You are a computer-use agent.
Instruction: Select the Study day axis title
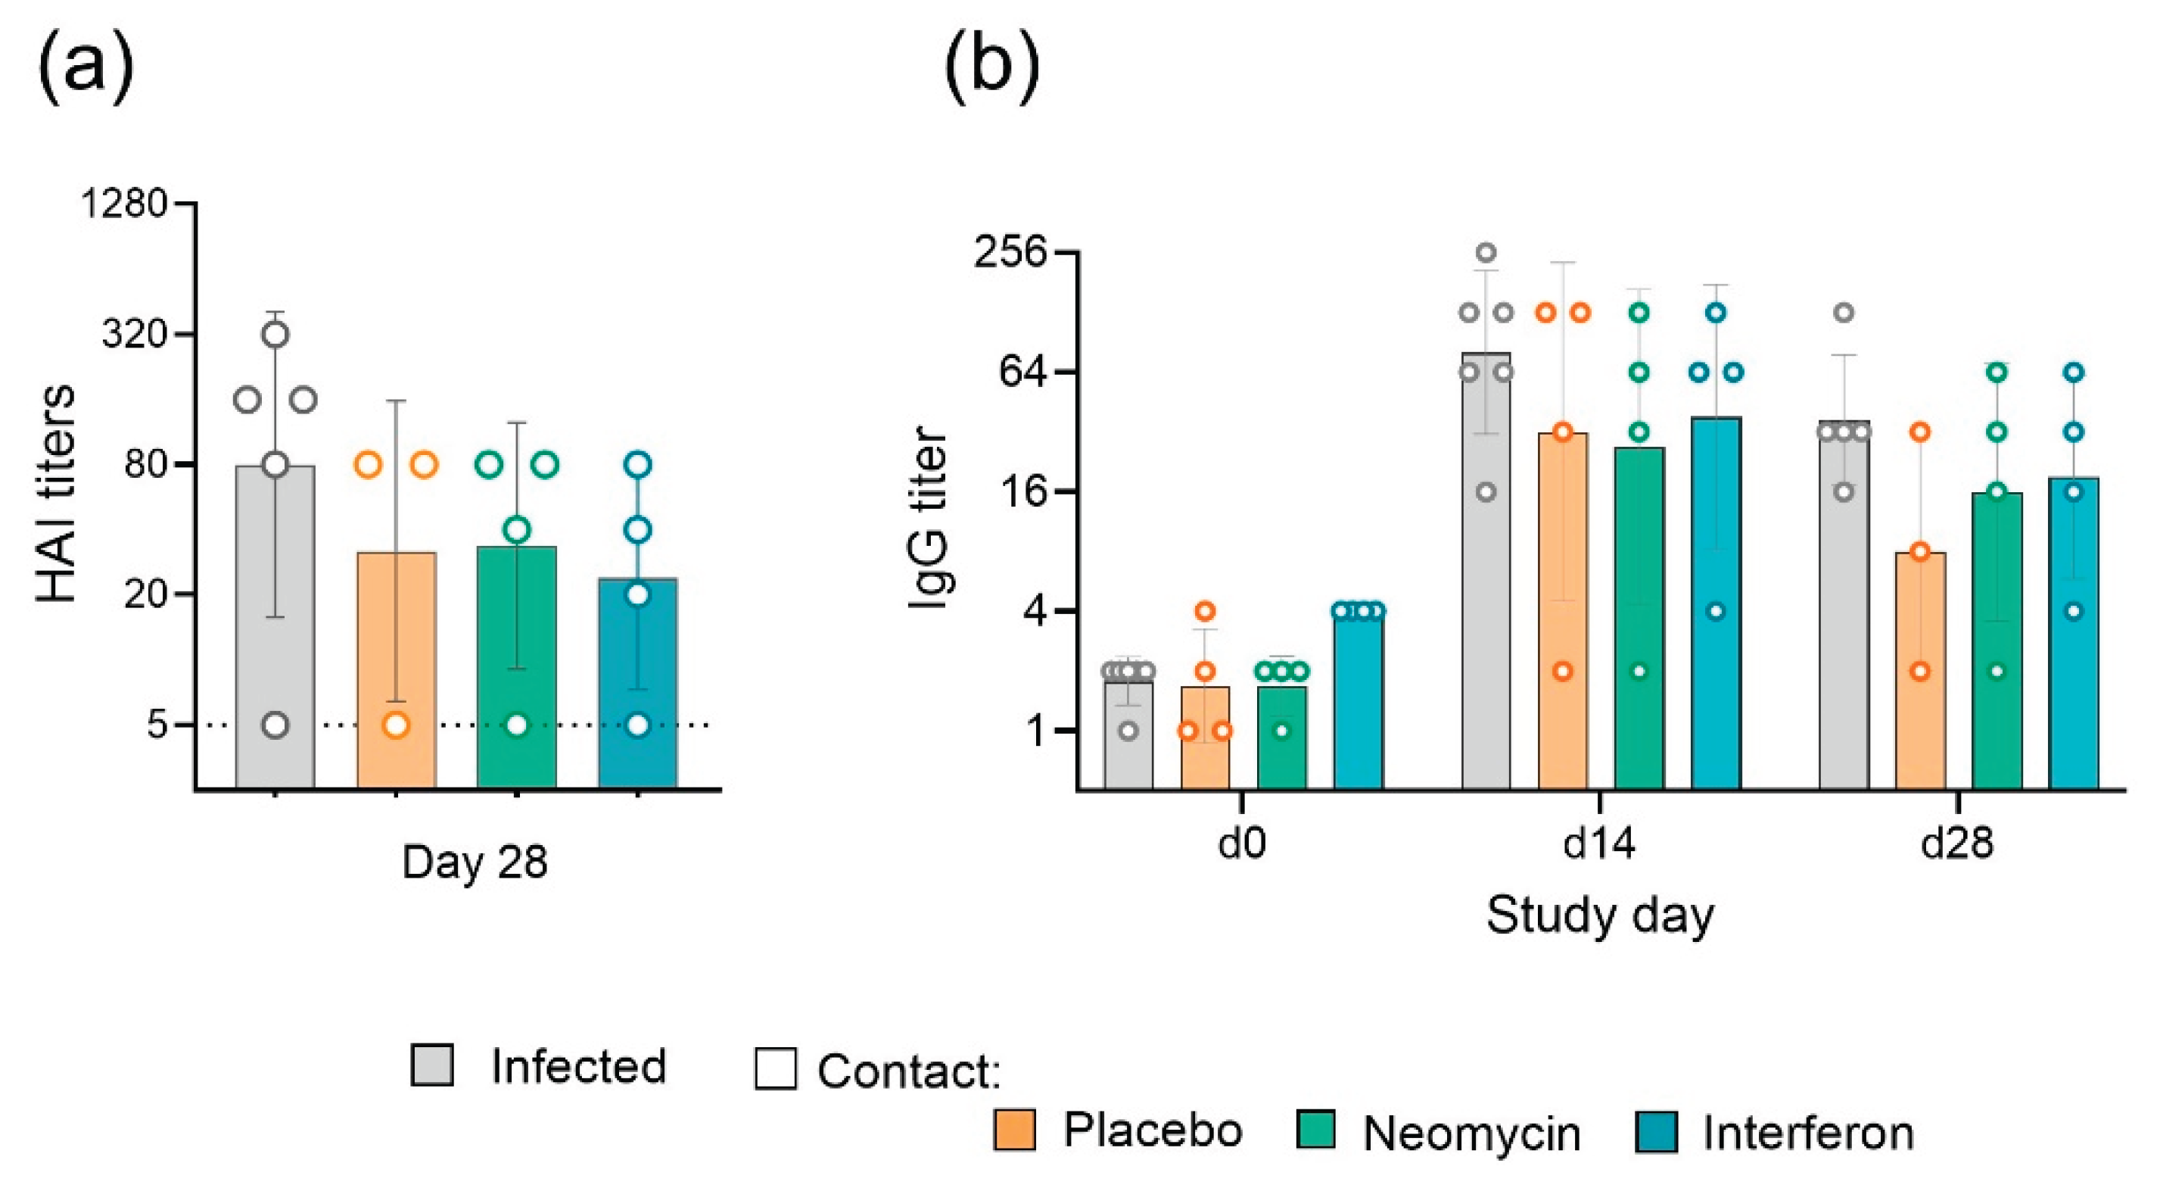(x=1600, y=915)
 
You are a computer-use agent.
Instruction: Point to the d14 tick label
(x=1599, y=844)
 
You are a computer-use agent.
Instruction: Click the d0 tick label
(x=1242, y=844)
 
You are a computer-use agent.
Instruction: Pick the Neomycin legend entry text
(x=1471, y=1134)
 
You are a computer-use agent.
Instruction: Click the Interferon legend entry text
(x=1809, y=1134)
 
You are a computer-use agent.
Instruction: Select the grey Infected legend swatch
(x=433, y=1065)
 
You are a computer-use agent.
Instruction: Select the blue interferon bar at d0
(x=1359, y=704)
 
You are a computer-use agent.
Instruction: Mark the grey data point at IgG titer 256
(x=1486, y=252)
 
